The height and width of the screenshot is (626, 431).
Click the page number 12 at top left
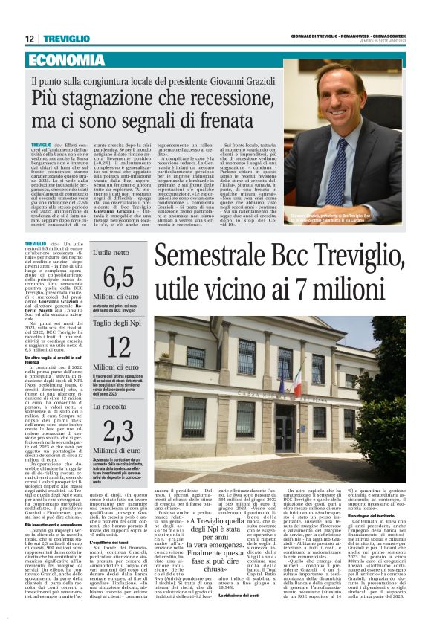tap(29, 39)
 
